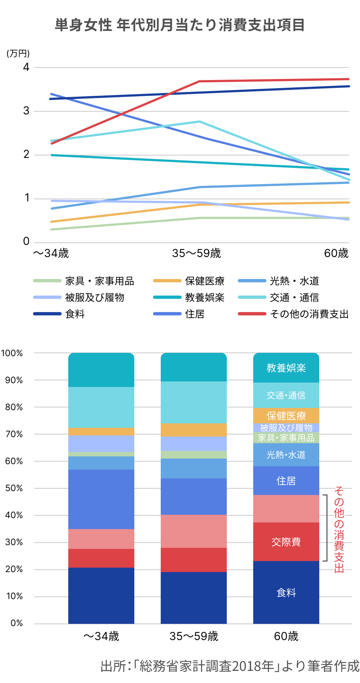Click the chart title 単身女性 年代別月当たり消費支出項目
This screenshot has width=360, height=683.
pyautogui.click(x=180, y=25)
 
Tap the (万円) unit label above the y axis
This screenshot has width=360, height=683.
pyautogui.click(x=18, y=54)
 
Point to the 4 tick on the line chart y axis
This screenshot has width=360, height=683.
pyautogui.click(x=26, y=67)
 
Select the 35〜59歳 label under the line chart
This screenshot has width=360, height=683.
pyautogui.click(x=196, y=253)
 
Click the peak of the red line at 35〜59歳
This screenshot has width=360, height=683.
pyautogui.click(x=200, y=81)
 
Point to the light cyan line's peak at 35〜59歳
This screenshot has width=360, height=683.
pyautogui.click(x=200, y=122)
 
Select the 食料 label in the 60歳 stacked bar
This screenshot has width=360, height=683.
pyautogui.click(x=286, y=593)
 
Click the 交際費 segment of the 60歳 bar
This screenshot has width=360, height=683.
pyautogui.click(x=286, y=542)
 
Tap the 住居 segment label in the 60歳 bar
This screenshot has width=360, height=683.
pyautogui.click(x=286, y=481)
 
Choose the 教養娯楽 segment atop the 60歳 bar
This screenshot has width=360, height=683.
pyautogui.click(x=286, y=368)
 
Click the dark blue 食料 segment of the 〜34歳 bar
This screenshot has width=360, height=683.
pyautogui.click(x=101, y=595)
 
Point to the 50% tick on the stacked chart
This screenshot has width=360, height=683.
pyautogui.click(x=14, y=488)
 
